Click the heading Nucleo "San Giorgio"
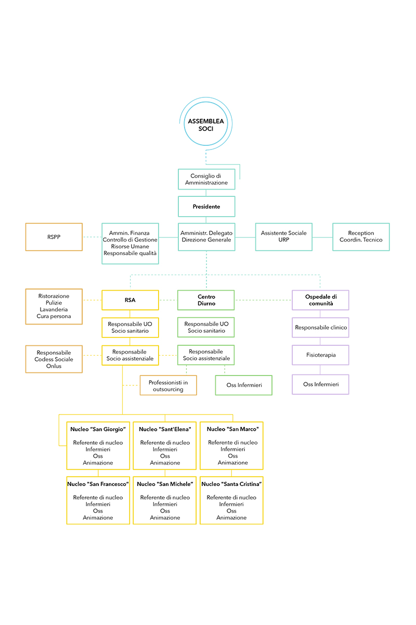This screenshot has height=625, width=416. tap(98, 429)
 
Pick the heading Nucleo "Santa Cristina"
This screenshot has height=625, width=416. tap(231, 484)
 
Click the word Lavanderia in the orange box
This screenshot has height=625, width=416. tap(54, 309)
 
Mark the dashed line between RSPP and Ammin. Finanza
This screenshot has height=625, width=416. tap(92, 237)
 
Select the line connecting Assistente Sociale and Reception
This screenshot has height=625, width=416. tap(322, 238)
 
